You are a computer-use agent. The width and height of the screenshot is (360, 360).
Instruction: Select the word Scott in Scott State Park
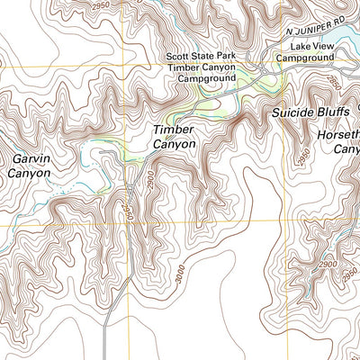tap(178, 56)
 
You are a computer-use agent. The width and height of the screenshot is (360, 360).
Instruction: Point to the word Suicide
tap(292, 113)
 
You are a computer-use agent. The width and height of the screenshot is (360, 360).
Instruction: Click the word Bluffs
tap(336, 113)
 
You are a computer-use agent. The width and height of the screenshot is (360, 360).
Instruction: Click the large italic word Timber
tap(173, 130)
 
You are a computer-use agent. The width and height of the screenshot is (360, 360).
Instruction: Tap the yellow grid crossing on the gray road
tap(127, 220)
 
